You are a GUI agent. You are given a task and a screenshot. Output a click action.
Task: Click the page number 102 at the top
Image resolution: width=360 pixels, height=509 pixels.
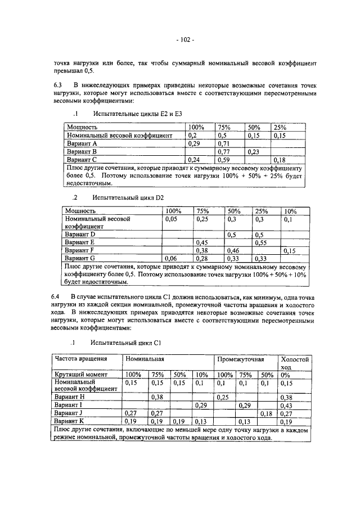pos(184,40)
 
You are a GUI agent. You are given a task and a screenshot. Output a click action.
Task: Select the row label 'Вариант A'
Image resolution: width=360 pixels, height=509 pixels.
pos(82,144)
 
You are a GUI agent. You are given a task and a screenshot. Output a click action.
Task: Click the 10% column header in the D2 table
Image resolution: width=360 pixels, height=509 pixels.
pos(290,211)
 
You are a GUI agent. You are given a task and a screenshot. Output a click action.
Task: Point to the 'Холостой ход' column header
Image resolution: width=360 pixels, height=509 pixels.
pos(295,362)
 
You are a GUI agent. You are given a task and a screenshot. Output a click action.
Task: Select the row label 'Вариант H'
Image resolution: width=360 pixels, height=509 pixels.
pos(69,397)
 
